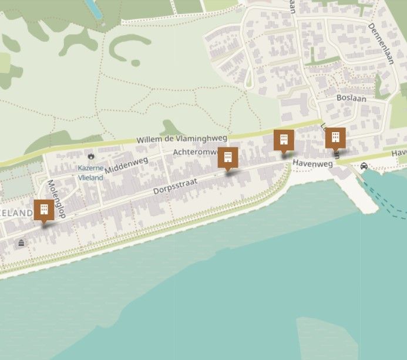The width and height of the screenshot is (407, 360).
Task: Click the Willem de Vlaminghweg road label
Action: click(181, 139)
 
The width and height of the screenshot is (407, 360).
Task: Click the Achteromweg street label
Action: click(195, 152)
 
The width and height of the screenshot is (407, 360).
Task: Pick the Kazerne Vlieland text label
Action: click(91, 171)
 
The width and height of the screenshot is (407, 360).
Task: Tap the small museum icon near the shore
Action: click(22, 243)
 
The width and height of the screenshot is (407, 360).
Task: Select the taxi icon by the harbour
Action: click(364, 166)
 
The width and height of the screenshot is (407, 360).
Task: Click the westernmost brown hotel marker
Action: click(43, 210)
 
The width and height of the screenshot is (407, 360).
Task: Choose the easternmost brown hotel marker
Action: click(335, 138)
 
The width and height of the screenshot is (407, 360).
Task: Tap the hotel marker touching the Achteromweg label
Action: click(228, 157)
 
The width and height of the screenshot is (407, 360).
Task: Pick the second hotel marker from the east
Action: click(284, 140)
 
